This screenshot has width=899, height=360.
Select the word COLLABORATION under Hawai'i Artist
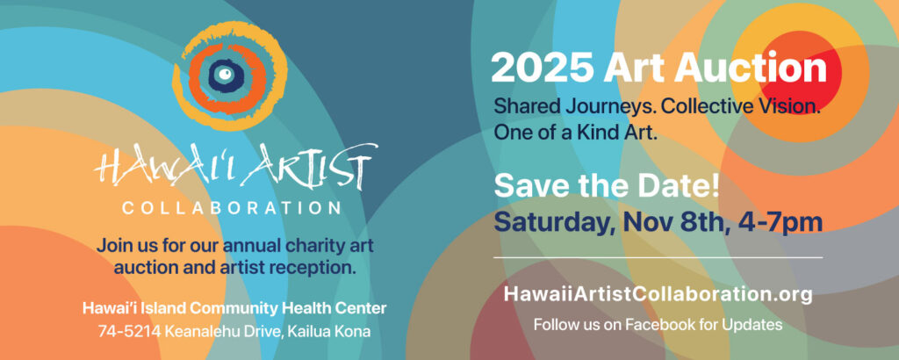tap(232, 207)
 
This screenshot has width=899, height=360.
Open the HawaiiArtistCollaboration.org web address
tap(658, 294)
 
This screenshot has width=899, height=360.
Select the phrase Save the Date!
tap(607, 187)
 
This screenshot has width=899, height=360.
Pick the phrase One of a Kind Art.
tap(575, 133)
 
